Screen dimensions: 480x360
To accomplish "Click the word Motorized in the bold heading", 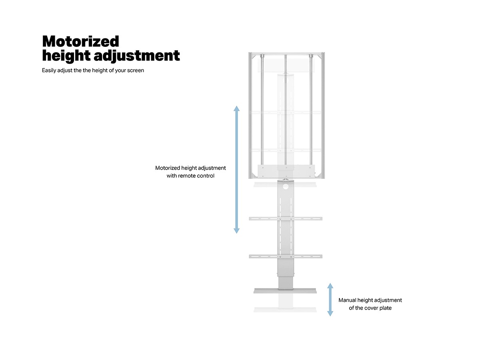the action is coord(81,41).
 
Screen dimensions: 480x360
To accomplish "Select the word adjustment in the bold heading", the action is coord(137,56).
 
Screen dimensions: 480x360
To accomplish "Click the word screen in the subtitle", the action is coord(136,70).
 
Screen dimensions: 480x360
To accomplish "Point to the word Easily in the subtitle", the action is coord(49,70).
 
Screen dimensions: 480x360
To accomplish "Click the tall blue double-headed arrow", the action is coord(237,170).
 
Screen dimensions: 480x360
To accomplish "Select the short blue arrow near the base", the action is coord(330,300).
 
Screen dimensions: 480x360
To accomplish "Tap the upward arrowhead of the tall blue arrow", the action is coord(237,108).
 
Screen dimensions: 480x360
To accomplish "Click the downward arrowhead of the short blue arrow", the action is coord(330,314).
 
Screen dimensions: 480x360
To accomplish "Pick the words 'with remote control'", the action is coord(190,176).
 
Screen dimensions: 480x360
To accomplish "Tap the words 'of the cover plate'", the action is coord(370,308).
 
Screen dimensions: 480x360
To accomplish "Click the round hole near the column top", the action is coord(286,186).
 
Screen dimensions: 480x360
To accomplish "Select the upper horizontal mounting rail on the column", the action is coord(286,218).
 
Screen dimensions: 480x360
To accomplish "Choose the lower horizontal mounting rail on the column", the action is coord(286,256).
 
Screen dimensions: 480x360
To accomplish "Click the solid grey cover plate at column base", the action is coord(285,291).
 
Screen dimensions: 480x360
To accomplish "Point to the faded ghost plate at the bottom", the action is coord(285,310).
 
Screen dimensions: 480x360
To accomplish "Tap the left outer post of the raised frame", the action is coord(250,116).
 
